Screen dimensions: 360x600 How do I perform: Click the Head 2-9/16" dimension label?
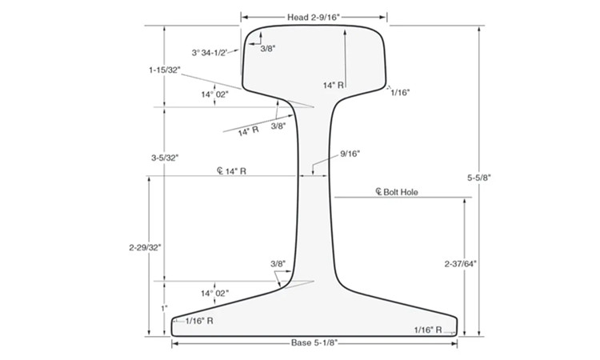click(314, 16)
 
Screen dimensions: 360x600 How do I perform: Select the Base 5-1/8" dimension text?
click(314, 342)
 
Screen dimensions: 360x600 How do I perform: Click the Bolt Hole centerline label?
click(397, 192)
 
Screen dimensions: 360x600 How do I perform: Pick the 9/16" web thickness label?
click(350, 153)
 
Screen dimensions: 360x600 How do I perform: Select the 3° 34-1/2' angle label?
click(210, 52)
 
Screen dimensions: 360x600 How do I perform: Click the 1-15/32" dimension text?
click(164, 70)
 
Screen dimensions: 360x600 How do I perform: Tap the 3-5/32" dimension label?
click(164, 158)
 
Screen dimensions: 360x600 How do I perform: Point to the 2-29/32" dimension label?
click(146, 247)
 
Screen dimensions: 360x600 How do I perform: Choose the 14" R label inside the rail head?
click(334, 84)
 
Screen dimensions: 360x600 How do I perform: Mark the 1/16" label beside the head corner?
click(400, 93)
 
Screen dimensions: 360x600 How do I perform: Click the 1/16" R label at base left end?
click(198, 321)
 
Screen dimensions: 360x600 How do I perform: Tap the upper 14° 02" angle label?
click(214, 94)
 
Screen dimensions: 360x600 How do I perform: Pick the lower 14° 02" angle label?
click(214, 294)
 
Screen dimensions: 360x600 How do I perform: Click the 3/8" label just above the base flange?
click(278, 263)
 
